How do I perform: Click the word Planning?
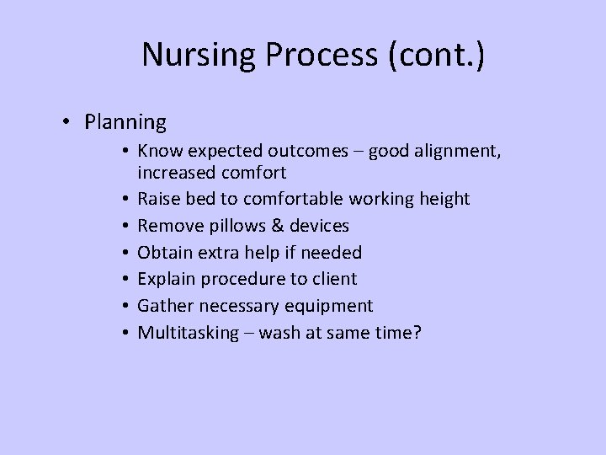pyautogui.click(x=125, y=122)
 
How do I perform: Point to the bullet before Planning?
pyautogui.click(x=66, y=122)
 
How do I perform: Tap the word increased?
pyautogui.click(x=176, y=173)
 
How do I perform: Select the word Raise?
pyautogui.click(x=159, y=199)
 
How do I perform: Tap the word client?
pyautogui.click(x=334, y=279)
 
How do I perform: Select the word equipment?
pyautogui.click(x=331, y=306)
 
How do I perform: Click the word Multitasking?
pyautogui.click(x=189, y=333)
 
